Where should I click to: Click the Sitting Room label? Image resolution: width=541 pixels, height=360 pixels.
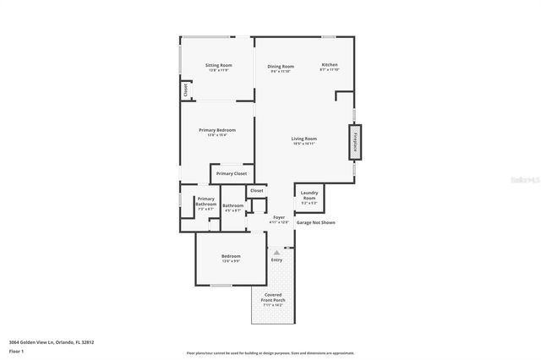coord(219,65)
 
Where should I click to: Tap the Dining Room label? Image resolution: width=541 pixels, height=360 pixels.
coord(281,66)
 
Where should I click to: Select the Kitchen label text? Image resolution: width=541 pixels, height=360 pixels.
coord(329,64)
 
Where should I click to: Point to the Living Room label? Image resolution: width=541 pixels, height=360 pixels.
coord(304,139)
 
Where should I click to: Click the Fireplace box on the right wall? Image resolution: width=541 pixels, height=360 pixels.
coord(356,141)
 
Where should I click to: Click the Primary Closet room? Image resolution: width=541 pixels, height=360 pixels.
coord(231,173)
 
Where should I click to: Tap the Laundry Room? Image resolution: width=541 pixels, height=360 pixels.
coord(309,195)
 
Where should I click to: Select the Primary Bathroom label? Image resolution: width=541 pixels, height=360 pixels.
coord(206,201)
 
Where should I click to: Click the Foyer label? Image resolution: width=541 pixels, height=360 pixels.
coord(279,217)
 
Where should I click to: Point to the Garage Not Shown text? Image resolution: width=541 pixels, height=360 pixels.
coord(315,222)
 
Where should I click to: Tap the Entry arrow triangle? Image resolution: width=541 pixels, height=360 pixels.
coord(276,251)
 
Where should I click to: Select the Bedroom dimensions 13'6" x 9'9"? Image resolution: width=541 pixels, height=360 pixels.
coord(231,261)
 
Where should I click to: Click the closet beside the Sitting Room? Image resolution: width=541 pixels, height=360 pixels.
coord(184,89)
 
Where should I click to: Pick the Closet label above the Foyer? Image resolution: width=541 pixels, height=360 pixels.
coord(256,190)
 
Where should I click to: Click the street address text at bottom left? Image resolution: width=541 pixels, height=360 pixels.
coord(52,341)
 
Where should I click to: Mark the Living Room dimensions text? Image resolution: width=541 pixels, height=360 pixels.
coord(304,144)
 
